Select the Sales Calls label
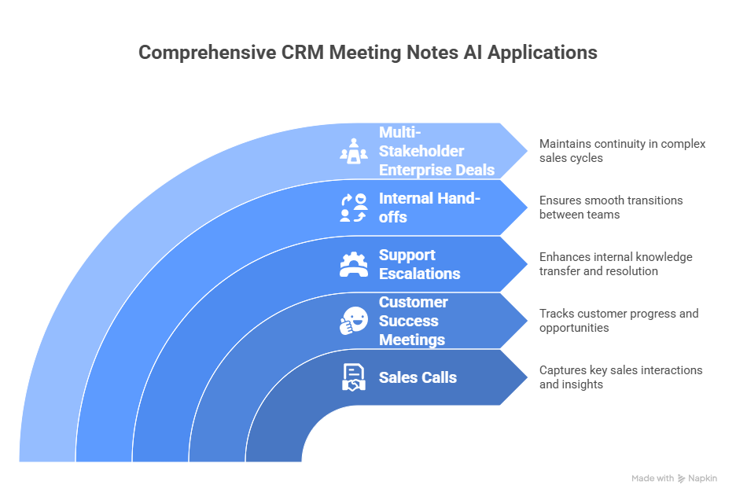[418, 377]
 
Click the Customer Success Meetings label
[412, 321]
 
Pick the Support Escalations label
[419, 264]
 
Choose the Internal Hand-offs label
[429, 208]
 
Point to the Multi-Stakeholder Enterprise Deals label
[436, 151]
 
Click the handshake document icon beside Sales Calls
[353, 377]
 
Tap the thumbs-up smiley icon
[353, 321]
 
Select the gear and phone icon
[353, 264]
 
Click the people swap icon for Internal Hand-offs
[353, 208]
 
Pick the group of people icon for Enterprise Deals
[353, 151]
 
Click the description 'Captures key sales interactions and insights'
[620, 377]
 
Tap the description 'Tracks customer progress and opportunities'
[618, 321]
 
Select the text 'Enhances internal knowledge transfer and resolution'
[616, 264]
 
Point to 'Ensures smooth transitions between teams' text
[611, 208]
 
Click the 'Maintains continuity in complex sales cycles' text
[622, 151]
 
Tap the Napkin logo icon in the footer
[681, 478]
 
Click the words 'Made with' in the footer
[653, 478]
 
